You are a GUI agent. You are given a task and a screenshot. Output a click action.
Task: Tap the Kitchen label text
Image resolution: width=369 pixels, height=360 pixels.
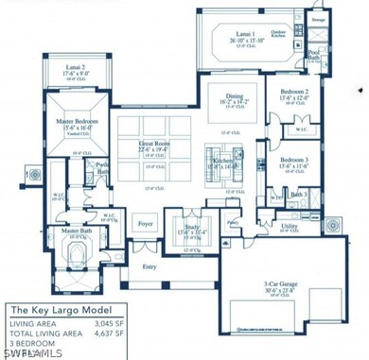point(223,161)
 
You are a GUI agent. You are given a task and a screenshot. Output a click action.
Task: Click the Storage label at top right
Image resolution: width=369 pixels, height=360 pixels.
point(319,19)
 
